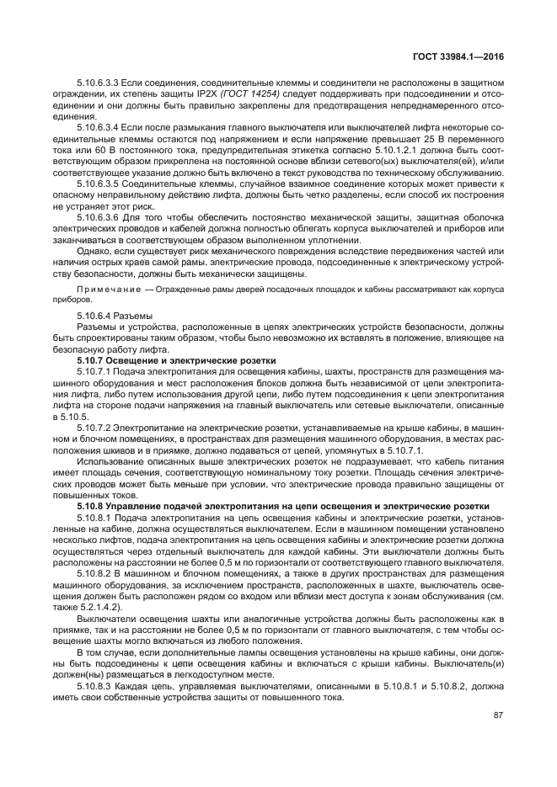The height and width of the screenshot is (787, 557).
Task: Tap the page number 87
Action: (498, 715)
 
